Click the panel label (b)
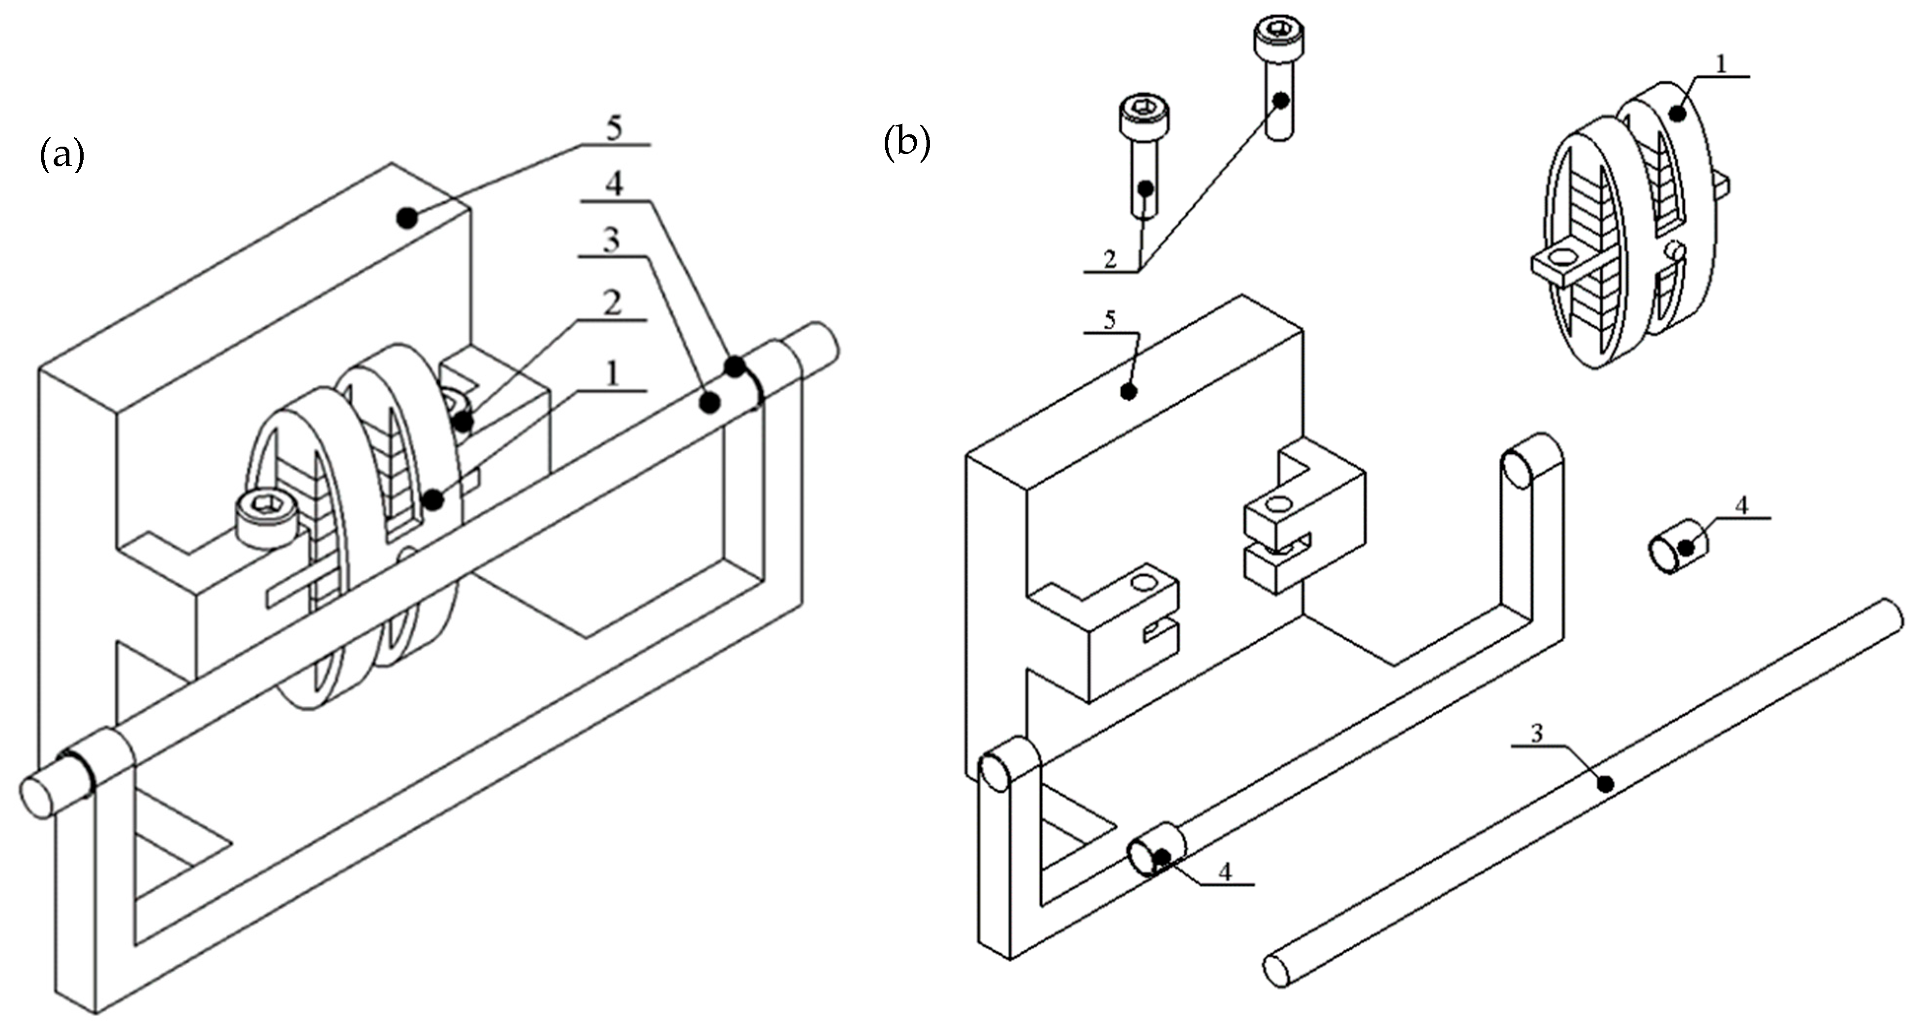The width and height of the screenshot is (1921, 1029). [907, 143]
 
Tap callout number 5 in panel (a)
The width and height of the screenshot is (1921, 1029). [614, 128]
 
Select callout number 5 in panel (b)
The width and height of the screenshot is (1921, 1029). [1110, 321]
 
